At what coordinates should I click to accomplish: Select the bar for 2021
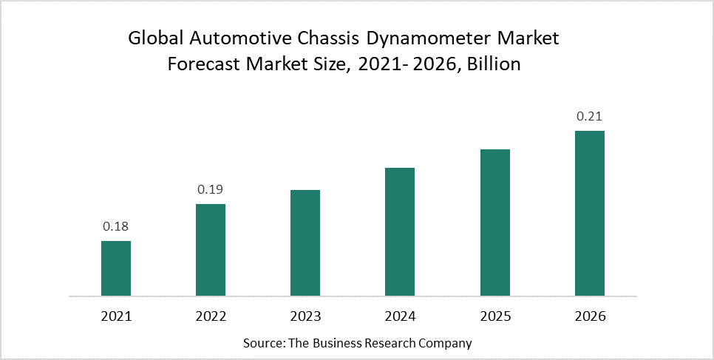pos(116,268)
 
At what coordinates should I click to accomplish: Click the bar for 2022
pos(211,250)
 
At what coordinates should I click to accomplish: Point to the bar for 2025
pos(495,223)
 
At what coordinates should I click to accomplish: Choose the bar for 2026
pos(590,214)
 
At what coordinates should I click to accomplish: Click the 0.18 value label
pos(116,227)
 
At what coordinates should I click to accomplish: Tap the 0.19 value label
pos(211,190)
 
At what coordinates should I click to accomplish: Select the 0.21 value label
pos(590,117)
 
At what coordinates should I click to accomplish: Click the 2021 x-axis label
pos(116,316)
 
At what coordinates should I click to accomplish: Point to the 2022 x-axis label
pos(211,316)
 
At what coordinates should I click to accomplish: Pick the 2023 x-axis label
pos(305,316)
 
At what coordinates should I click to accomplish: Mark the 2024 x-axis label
pos(400,316)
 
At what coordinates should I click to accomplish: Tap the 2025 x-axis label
pos(495,316)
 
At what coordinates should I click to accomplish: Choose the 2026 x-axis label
pos(590,316)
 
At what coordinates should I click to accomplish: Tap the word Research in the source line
pos(395,343)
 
